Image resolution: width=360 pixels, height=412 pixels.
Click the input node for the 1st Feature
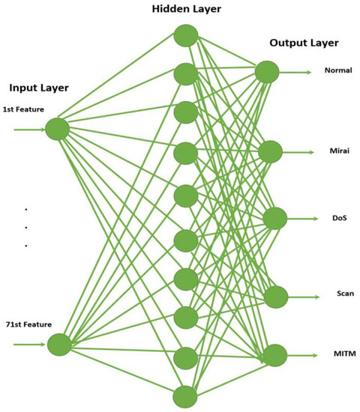[57, 130]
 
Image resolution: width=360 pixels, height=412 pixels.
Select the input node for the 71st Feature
[58, 345]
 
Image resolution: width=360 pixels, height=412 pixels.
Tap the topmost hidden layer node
[185, 34]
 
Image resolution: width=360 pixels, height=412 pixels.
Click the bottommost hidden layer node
[185, 396]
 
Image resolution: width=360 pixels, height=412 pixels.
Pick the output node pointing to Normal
[267, 73]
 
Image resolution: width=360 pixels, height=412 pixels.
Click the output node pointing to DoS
[274, 218]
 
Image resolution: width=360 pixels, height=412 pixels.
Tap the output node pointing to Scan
[275, 296]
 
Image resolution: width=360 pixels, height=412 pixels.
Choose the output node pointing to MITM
[275, 355]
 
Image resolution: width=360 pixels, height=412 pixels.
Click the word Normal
[338, 70]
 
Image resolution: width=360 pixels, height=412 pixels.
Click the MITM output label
[337, 353]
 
